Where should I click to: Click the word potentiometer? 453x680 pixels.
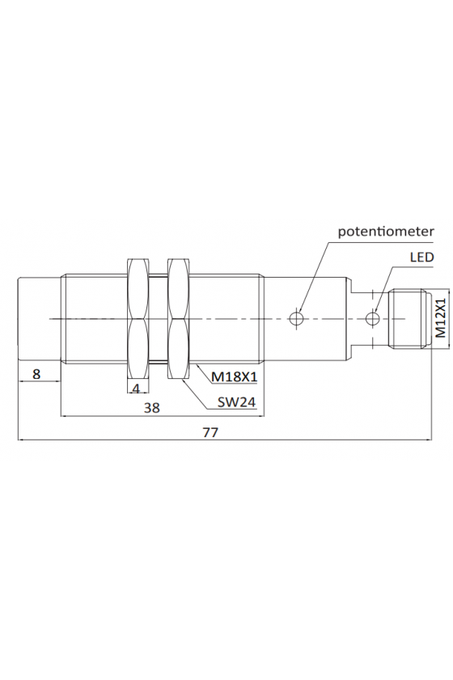coord(386,232)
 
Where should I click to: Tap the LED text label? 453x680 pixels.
coord(421,257)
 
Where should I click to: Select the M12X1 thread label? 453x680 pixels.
coord(440,318)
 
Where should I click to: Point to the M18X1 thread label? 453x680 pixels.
coord(234,377)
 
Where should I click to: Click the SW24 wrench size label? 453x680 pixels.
coord(236,403)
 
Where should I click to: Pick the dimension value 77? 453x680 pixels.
coord(210,432)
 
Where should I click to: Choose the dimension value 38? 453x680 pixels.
coord(152,408)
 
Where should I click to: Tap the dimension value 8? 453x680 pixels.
coord(36,374)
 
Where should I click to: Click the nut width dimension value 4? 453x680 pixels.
coord(137,389)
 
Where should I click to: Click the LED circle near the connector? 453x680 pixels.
coord(372,319)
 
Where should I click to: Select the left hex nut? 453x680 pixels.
coord(138,319)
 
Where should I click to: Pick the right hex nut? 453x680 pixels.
coord(179,319)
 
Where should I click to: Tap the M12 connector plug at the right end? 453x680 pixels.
coord(410,319)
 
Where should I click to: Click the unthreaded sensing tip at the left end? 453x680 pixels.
coord(39,319)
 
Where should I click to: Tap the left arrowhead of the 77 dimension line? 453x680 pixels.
coord(22,440)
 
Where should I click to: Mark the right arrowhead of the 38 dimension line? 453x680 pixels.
coord(260,416)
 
